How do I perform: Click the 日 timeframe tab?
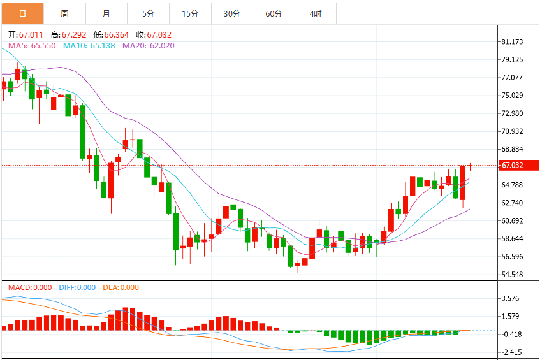tap(22, 14)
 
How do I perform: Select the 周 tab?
tap(64, 14)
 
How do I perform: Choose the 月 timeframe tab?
tap(106, 14)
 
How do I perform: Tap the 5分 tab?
tap(149, 14)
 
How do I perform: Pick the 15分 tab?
tap(191, 14)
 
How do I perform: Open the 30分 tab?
tap(232, 14)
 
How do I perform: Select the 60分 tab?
tap(274, 14)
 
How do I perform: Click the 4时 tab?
tap(316, 14)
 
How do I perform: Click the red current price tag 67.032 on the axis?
tap(518, 165)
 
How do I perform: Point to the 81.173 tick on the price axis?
tap(512, 42)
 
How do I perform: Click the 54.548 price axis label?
tap(512, 275)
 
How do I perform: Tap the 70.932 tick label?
tap(512, 131)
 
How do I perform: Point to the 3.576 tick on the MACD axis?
tap(510, 298)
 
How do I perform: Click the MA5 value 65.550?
tap(43, 46)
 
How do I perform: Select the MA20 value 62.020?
tap(162, 46)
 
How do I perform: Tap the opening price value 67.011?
tap(31, 35)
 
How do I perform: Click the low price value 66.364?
tap(117, 35)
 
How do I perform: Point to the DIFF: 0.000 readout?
tap(77, 287)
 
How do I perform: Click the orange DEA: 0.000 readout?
tap(121, 287)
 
